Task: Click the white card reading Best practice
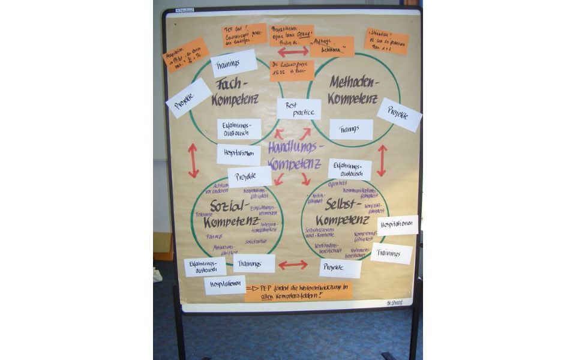pyautogui.click(x=299, y=109)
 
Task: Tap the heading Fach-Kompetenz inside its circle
pyautogui.click(x=235, y=91)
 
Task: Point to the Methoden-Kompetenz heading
pyautogui.click(x=353, y=90)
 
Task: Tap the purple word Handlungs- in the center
pyautogui.click(x=296, y=147)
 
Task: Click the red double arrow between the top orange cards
pyautogui.click(x=293, y=52)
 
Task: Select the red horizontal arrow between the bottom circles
pyautogui.click(x=293, y=265)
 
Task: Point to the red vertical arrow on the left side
pyautogui.click(x=193, y=160)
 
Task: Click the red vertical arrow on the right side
pyautogui.click(x=382, y=160)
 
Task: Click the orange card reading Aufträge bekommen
pyautogui.click(x=332, y=47)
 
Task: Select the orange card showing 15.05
pyautogui.click(x=292, y=71)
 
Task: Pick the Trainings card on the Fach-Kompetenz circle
pyautogui.click(x=234, y=63)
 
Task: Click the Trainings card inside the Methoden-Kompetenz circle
pyautogui.click(x=351, y=129)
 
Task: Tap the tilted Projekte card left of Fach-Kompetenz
pyautogui.click(x=188, y=98)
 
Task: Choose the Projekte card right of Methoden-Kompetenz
pyautogui.click(x=399, y=115)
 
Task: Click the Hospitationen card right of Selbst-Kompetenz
pyautogui.click(x=397, y=225)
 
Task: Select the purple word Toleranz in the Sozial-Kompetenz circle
pyautogui.click(x=204, y=214)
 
